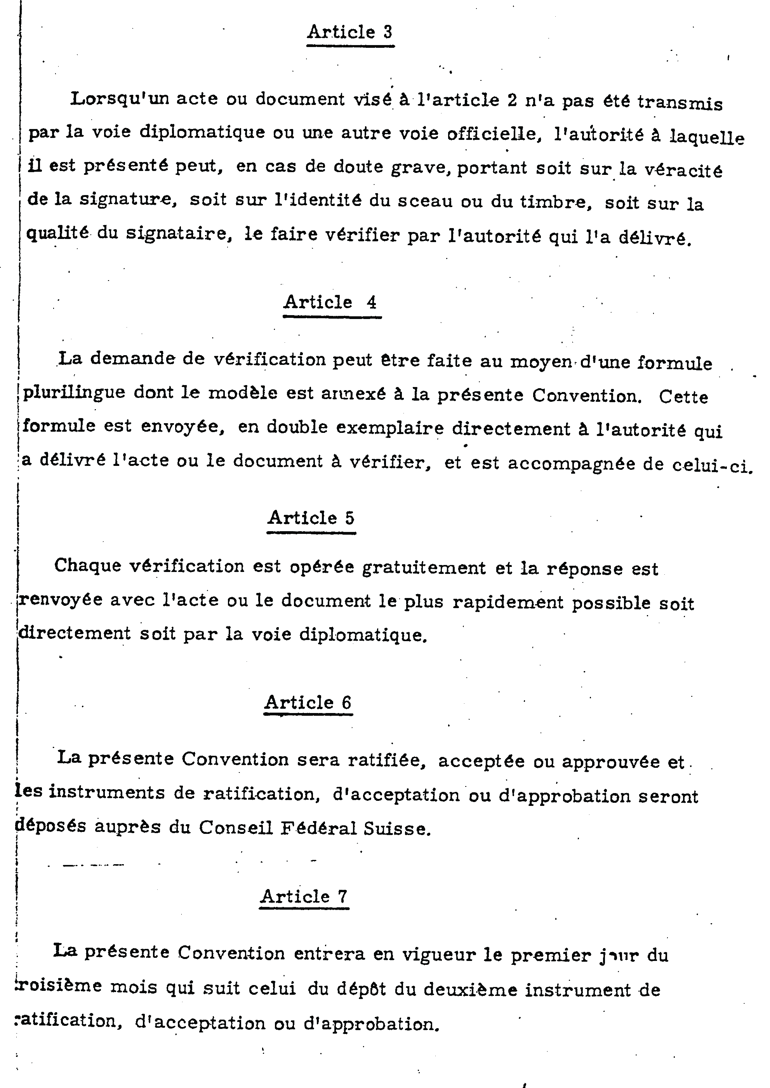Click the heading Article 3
point(350,32)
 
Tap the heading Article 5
point(311,518)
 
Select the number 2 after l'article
point(512,101)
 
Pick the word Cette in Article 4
point(683,397)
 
